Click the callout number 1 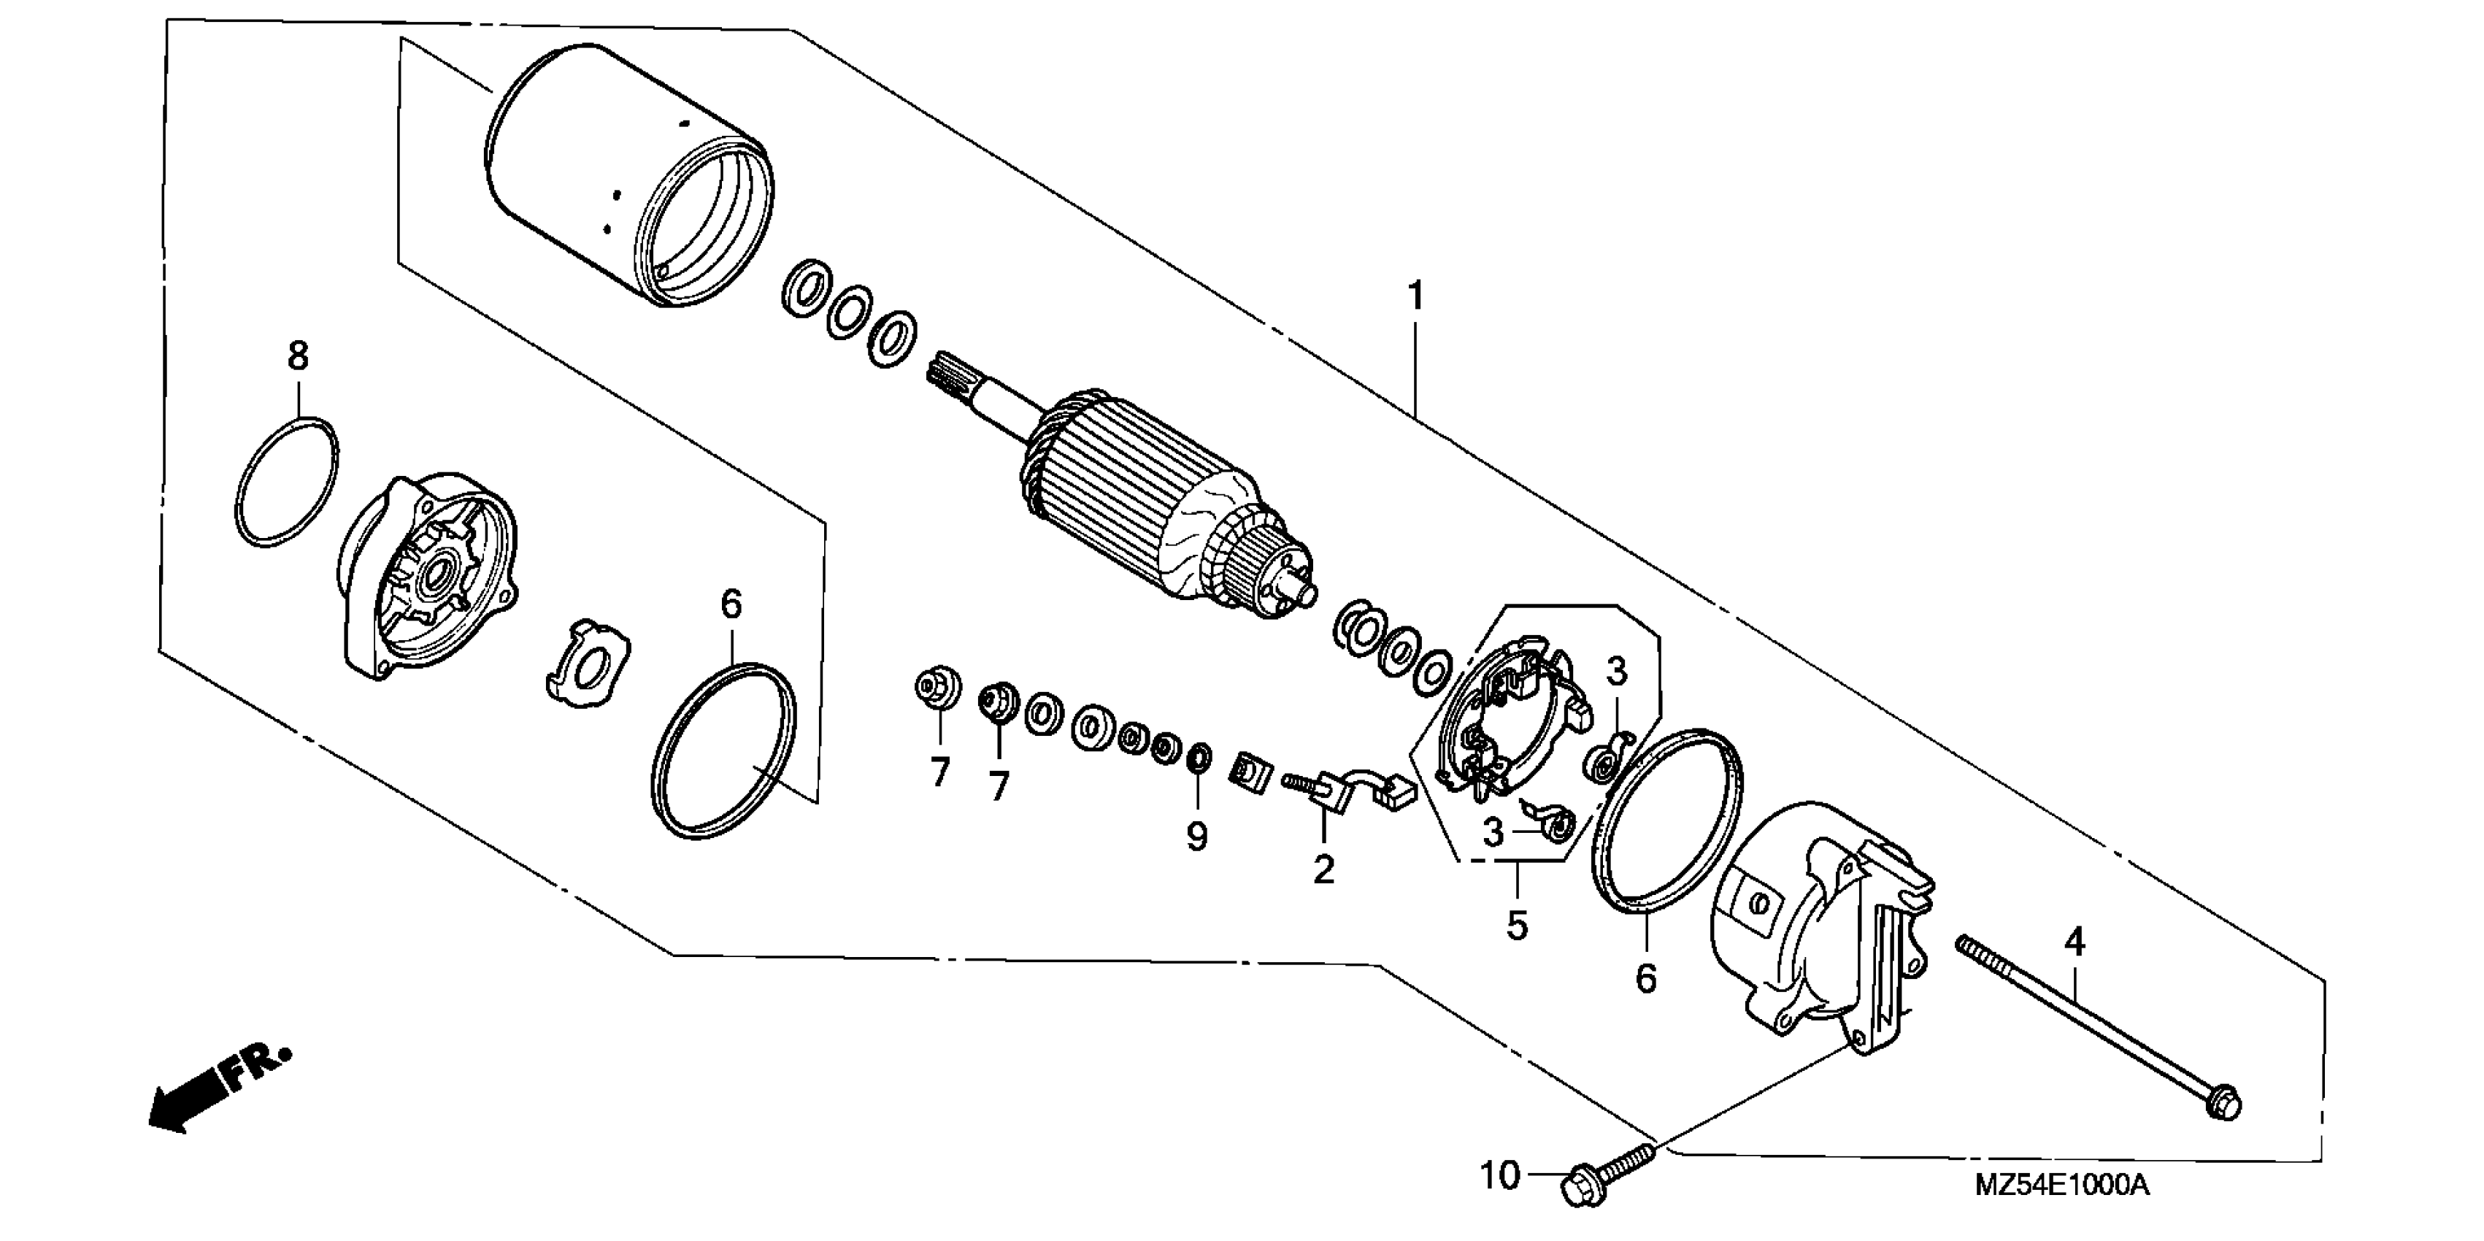(x=1415, y=296)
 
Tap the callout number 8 (x=298, y=357)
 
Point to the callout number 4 (x=2075, y=942)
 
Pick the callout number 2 (x=1324, y=869)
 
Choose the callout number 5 (x=1518, y=926)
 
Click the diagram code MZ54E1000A (x=2061, y=1185)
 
